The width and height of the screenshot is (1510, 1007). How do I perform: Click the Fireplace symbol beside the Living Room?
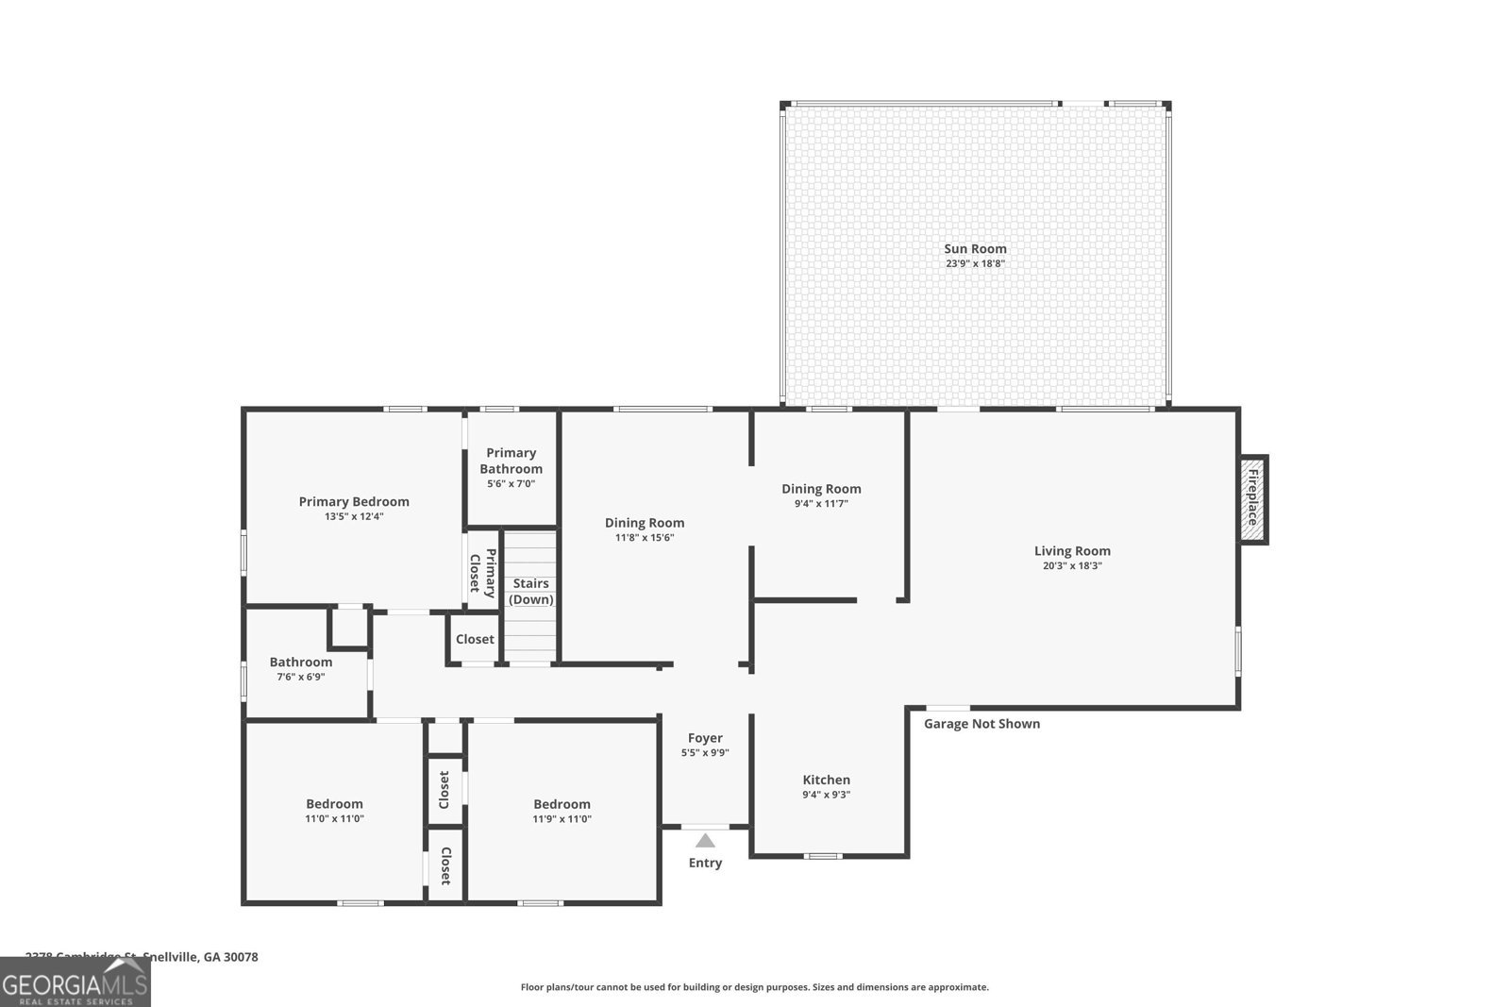pos(1252,499)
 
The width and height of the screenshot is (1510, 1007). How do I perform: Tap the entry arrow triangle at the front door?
pos(705,841)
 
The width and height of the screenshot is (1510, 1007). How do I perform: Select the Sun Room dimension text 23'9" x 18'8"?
pos(975,264)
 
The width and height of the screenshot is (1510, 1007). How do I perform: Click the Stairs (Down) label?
pos(531,592)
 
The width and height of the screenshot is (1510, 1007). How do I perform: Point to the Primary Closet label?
pos(482,573)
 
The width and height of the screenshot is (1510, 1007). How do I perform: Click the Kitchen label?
pos(826,780)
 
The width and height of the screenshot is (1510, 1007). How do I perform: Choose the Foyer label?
pos(705,738)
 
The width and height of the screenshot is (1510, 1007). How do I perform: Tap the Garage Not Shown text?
pos(981,724)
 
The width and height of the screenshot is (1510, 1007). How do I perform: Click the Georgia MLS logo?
pos(75,982)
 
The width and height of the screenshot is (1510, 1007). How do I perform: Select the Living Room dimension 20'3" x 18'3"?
pos(1072,566)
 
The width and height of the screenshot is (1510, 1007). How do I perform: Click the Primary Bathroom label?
pos(511,461)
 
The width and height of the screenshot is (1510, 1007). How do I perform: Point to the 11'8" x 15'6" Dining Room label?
pos(645,523)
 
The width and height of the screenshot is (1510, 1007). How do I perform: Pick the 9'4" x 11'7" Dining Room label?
pos(821,489)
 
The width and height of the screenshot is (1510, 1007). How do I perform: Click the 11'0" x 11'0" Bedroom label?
pos(334,804)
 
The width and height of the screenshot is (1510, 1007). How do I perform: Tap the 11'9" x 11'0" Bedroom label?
pos(562,804)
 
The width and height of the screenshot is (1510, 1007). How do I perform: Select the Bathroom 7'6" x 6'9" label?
pos(301,663)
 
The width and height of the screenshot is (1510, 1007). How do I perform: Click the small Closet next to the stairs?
pos(475,639)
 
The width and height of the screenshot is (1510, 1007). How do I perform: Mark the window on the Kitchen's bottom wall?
pos(823,856)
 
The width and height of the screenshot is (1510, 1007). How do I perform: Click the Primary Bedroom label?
pos(354,502)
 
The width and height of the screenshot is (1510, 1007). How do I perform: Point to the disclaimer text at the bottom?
pos(754,987)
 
